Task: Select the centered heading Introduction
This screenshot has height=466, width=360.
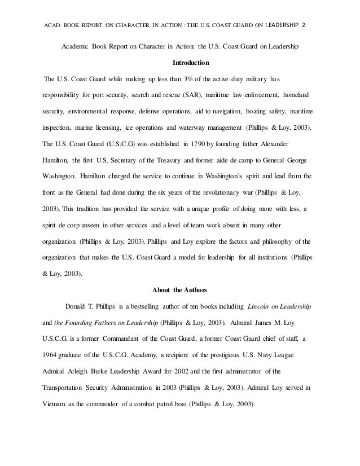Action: point(180,61)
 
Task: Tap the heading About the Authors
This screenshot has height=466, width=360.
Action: point(180,291)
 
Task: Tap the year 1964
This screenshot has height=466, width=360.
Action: point(51,356)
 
